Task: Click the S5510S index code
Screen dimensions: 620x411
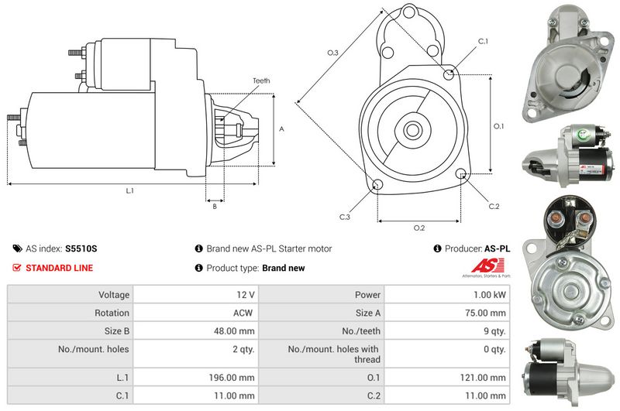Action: tap(81, 248)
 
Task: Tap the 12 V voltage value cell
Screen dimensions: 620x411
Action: tap(246, 295)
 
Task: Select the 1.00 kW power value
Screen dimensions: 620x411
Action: tap(490, 295)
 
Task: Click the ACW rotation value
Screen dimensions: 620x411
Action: tap(243, 313)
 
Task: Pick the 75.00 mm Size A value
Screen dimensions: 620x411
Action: tap(485, 313)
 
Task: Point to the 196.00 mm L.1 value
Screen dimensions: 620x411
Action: tap(232, 378)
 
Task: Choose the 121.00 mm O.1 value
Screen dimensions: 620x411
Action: tap(483, 378)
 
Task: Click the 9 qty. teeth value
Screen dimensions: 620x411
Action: tap(494, 331)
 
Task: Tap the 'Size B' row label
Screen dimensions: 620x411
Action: tap(117, 331)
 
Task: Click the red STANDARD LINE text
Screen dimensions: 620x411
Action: tap(60, 268)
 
